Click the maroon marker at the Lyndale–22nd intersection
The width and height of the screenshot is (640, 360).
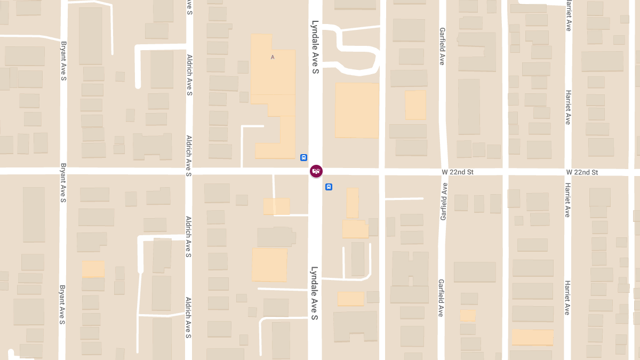(x=316, y=171)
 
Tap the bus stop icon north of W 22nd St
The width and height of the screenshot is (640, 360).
(x=303, y=157)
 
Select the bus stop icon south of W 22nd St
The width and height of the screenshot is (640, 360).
(x=329, y=187)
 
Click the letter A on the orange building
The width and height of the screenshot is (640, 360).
(x=273, y=57)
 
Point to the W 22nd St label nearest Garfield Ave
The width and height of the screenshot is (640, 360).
(x=458, y=172)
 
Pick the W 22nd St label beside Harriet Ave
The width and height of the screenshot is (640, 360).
(x=582, y=172)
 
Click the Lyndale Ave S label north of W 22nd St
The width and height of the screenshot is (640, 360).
(x=315, y=47)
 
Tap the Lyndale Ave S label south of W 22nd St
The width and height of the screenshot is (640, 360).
(x=315, y=293)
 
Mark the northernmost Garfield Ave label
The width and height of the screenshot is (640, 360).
(x=442, y=46)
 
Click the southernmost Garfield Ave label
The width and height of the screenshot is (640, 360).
(x=441, y=298)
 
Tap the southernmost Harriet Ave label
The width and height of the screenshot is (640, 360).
(x=568, y=298)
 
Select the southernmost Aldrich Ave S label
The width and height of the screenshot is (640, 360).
(x=188, y=317)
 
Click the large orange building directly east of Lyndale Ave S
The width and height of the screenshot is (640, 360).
(x=356, y=110)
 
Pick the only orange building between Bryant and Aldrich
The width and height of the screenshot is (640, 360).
(x=93, y=269)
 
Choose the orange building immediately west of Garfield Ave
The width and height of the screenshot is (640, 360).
(x=415, y=105)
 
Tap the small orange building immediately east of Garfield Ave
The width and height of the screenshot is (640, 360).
(x=468, y=315)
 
